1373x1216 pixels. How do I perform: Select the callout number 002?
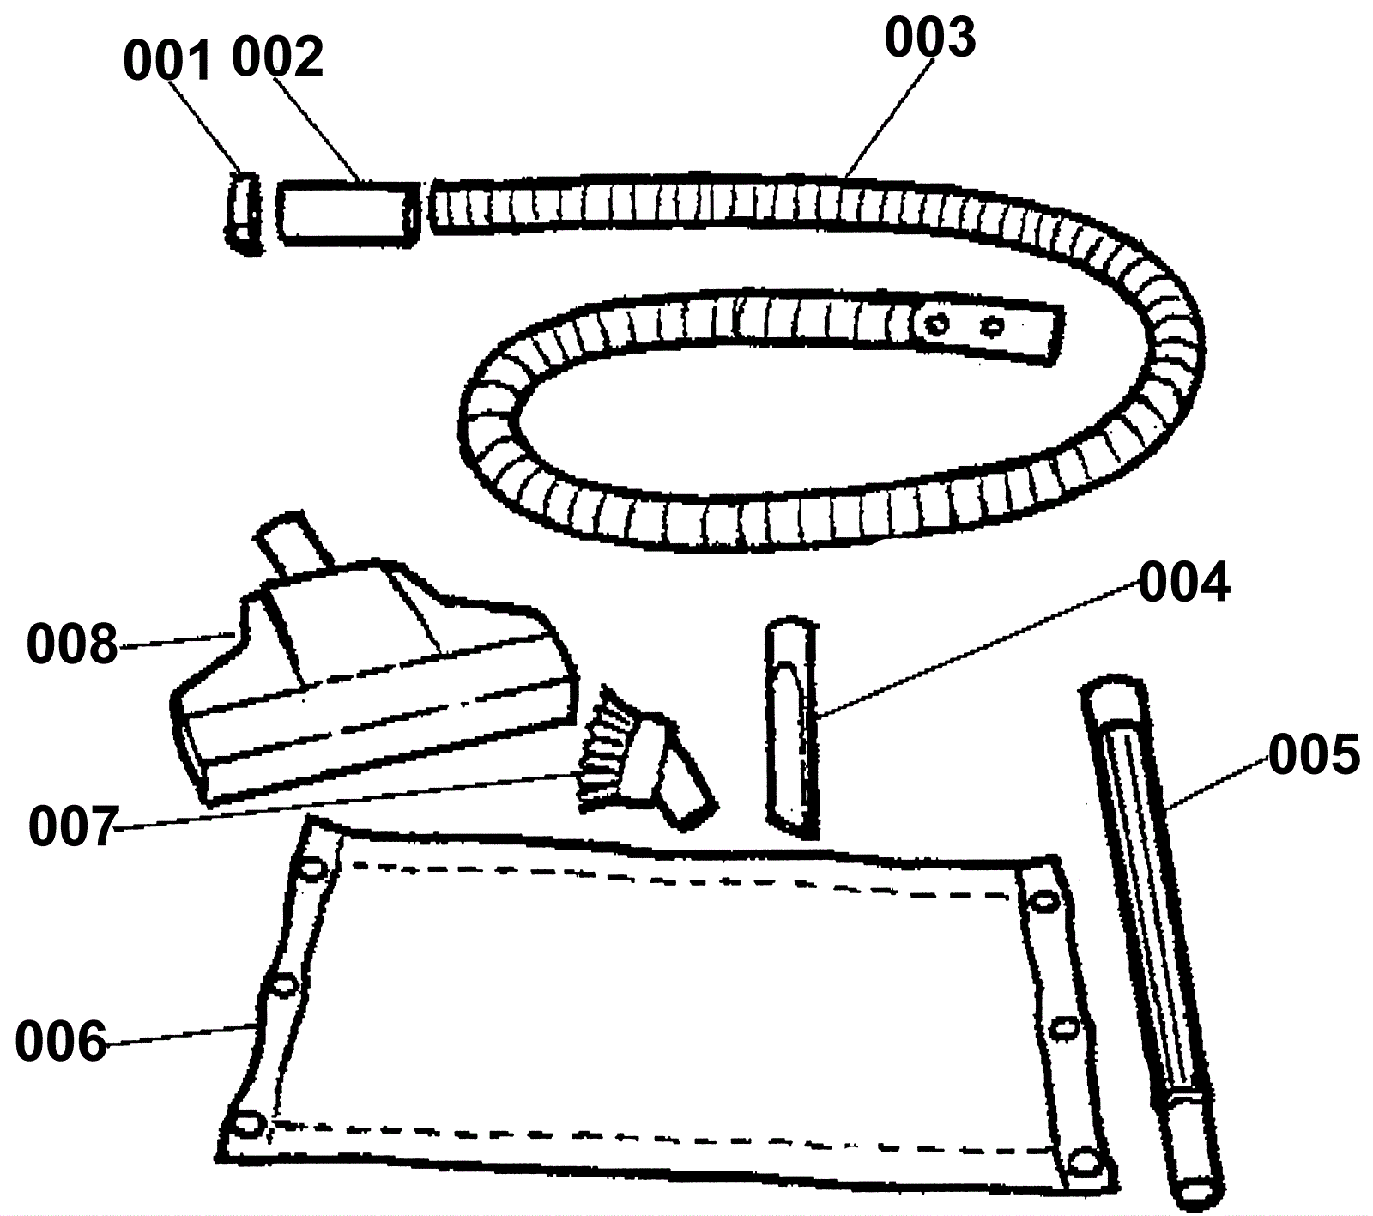[277, 57]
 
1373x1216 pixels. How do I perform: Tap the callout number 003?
[930, 39]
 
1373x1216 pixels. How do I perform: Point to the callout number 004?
[1184, 584]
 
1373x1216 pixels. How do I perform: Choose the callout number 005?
[1314, 755]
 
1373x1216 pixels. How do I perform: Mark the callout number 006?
[61, 1042]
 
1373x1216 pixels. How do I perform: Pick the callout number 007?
[72, 827]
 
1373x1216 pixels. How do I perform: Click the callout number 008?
[72, 644]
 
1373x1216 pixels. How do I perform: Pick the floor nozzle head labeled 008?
[369, 695]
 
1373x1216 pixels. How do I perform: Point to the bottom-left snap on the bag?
[247, 1122]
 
